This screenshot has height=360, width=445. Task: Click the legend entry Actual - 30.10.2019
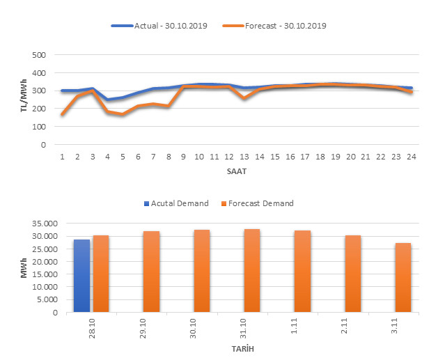(159, 26)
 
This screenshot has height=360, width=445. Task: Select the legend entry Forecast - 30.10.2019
(275, 26)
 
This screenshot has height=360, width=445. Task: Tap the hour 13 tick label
(244, 157)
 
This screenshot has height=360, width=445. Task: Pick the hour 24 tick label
(411, 157)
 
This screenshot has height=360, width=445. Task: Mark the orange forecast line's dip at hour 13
(244, 98)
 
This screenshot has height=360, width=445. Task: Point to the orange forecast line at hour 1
(63, 114)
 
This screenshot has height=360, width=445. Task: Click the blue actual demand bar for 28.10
(81, 276)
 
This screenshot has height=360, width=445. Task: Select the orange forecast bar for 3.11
(403, 277)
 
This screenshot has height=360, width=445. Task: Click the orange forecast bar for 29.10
(151, 272)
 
